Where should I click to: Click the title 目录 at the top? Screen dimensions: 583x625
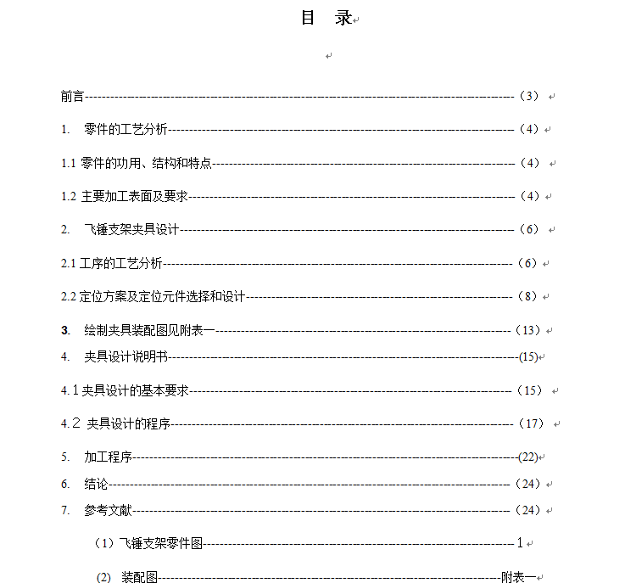point(326,18)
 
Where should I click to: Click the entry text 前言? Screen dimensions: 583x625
point(72,96)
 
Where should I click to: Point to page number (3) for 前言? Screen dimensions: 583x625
point(527,96)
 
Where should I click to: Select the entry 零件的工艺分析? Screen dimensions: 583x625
point(126,130)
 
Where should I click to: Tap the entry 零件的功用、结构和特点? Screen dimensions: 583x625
point(146,163)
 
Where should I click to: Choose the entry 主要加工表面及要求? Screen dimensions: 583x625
point(134,196)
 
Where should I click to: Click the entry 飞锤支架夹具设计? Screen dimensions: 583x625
point(131,229)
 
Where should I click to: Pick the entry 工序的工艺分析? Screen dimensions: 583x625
point(120,263)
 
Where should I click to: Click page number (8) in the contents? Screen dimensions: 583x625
point(527,296)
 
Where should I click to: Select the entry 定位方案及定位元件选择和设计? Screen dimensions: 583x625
point(162,296)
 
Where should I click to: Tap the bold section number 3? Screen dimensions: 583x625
point(64,330)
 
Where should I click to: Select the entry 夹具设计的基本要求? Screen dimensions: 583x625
point(135,390)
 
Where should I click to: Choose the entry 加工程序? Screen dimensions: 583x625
point(108,457)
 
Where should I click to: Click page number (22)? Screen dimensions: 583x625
point(527,457)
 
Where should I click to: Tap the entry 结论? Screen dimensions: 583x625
point(96,484)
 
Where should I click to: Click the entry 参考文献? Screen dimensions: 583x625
point(108,510)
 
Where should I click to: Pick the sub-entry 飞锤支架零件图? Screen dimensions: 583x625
point(161,543)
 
